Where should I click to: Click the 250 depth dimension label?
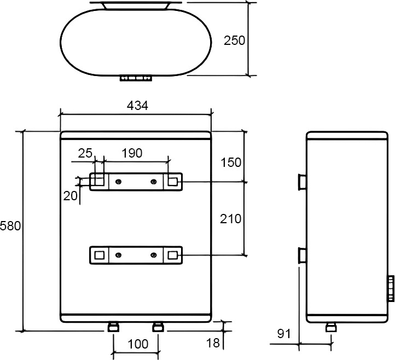234,40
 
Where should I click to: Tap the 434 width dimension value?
137,106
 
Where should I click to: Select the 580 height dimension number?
10,226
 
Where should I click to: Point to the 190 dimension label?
132,153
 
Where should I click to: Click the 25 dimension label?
85,153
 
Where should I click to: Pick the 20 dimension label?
70,196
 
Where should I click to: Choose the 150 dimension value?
231,162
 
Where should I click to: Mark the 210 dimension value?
230,219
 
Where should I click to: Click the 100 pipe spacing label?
138,344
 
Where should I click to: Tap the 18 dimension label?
213,343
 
